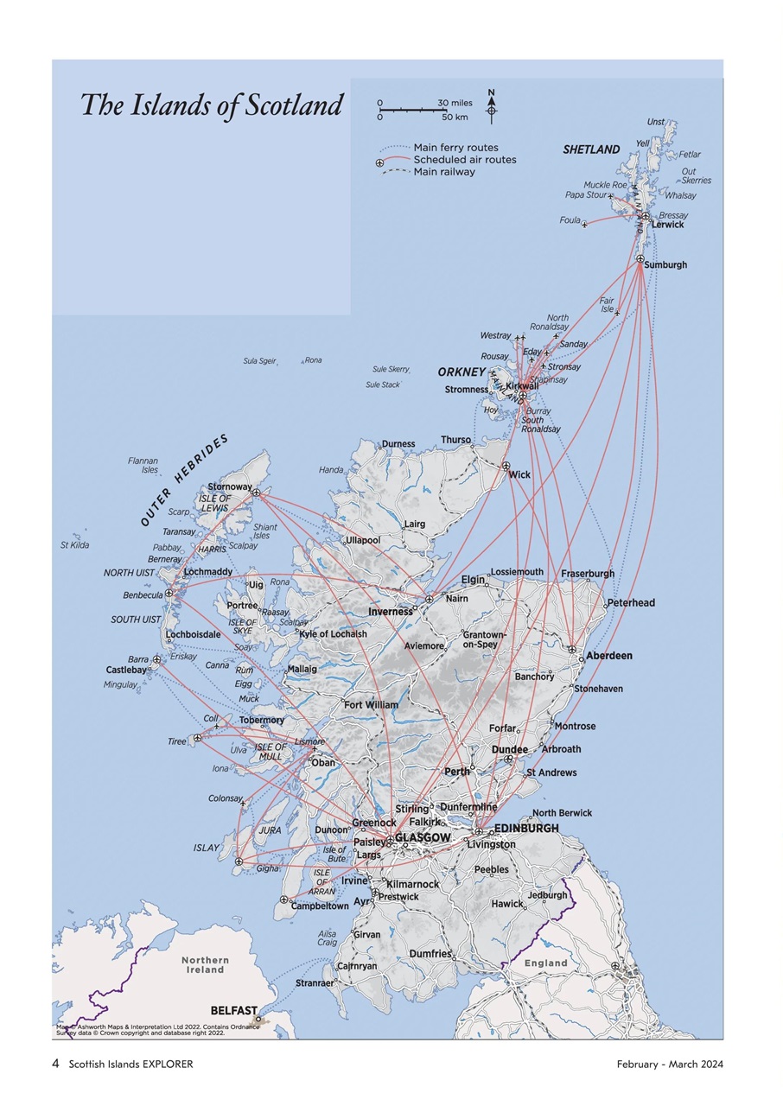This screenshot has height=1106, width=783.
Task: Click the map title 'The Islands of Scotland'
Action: tap(212, 105)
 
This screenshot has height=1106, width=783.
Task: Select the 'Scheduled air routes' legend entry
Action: tap(464, 160)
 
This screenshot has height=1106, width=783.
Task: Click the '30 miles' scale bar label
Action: tap(455, 103)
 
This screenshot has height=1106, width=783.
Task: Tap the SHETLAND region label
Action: tap(591, 149)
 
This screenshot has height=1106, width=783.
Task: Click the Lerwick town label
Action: tap(667, 225)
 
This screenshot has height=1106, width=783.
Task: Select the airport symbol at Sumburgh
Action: tap(640, 259)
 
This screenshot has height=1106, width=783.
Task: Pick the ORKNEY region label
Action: tap(462, 372)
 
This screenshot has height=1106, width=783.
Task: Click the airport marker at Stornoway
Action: tap(256, 493)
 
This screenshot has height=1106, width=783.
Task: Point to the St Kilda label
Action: tap(74, 545)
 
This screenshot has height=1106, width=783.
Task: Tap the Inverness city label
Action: tap(391, 612)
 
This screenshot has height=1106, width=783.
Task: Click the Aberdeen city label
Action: tap(609, 656)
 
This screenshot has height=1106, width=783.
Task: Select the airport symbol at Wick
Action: tap(506, 466)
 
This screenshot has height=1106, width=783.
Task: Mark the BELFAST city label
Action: tap(233, 1010)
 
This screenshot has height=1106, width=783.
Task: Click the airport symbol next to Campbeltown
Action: tap(284, 899)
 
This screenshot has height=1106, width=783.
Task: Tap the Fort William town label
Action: tap(371, 705)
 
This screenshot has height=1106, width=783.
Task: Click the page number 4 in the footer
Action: tap(56, 1064)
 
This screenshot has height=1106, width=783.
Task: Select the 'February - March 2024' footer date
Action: tap(670, 1064)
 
